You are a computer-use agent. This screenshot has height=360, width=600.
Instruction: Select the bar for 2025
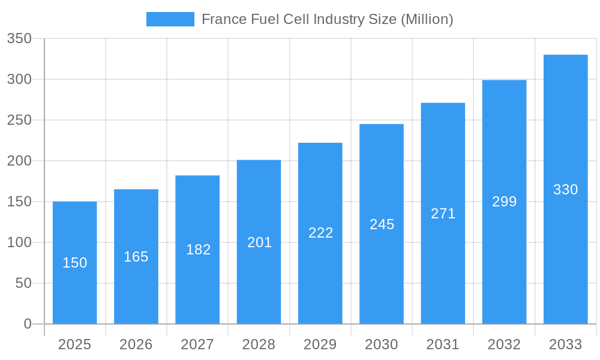pos(74,288)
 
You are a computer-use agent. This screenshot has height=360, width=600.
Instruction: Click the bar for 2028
pos(259,282)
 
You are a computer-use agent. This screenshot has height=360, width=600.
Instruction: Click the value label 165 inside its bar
pos(136,257)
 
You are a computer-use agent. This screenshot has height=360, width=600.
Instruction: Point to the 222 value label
pos(320,233)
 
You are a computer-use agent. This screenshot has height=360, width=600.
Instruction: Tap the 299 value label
pos(504,202)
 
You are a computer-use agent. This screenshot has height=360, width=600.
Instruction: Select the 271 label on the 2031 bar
pos(443,214)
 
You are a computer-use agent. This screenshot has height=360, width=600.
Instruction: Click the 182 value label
pos(198,250)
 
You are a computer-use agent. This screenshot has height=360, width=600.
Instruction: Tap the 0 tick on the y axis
pos(28,324)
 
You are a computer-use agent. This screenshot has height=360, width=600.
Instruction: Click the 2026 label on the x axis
pos(136,344)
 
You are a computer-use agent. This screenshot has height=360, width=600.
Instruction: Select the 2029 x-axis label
pos(320,344)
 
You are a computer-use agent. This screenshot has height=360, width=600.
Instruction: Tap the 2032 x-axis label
pos(504,344)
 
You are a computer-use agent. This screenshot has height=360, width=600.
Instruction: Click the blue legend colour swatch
pos(170,19)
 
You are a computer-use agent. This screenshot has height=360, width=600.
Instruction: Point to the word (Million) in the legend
pos(427,19)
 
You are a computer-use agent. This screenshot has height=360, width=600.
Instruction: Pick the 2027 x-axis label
pos(197,344)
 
